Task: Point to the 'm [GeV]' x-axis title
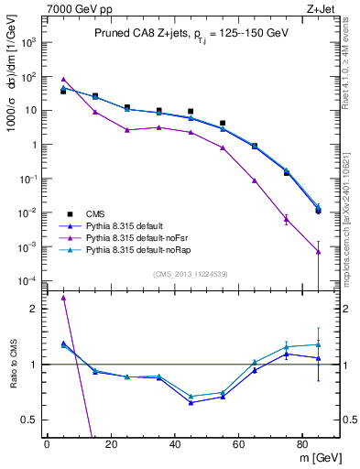coord(317,457)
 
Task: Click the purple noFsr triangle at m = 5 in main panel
coord(63,80)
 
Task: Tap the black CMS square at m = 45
coord(191,111)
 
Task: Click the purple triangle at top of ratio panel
coord(63,298)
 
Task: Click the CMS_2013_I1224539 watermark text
coord(190,274)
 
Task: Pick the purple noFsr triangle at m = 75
coord(287,219)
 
